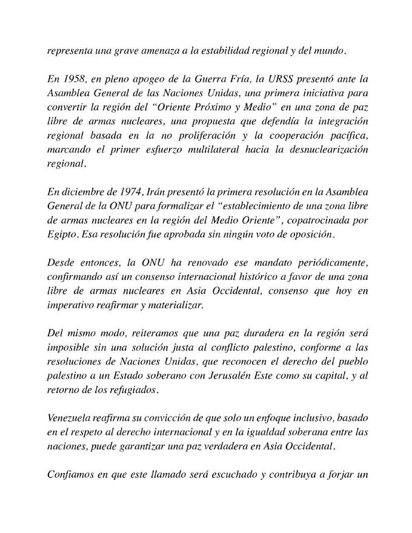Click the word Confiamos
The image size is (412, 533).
click(70, 474)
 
